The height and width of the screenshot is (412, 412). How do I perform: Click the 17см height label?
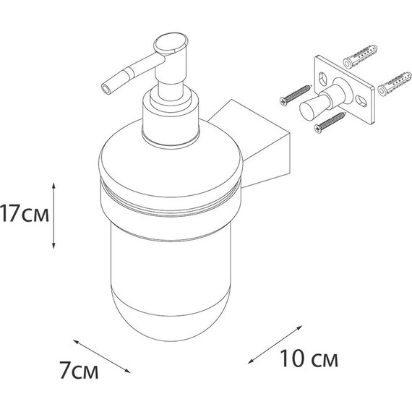pos(25,214)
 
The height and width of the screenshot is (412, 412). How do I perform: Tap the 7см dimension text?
pos(79,370)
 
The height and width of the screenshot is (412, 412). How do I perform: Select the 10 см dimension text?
pos(309,359)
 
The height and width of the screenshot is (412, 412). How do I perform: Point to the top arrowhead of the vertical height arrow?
pos(53,185)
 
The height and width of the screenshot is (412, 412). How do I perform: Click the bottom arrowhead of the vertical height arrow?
pos(53,246)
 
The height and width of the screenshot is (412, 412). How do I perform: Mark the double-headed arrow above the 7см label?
pos(102,356)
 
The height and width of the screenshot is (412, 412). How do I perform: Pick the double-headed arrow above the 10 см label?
pos(275,345)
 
